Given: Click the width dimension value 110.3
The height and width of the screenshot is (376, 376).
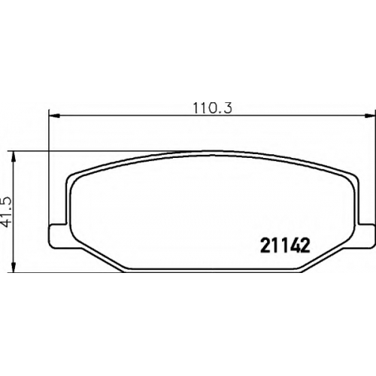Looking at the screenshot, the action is [213, 108].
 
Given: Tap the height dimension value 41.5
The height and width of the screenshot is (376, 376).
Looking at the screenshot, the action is [7, 212].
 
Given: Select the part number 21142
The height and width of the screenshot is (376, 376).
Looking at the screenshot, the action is [285, 245].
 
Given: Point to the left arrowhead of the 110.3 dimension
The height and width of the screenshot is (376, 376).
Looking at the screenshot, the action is [54, 116].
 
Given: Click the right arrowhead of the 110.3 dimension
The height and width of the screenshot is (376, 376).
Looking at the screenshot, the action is [370, 116].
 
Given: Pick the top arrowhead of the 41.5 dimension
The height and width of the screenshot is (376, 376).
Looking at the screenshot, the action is [14, 157].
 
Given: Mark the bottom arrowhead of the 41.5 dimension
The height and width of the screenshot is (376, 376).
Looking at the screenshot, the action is [14, 266].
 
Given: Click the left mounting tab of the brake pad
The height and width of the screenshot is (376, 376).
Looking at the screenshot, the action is [58, 235].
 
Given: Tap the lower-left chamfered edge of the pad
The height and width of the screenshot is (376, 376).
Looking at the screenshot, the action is [103, 259].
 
